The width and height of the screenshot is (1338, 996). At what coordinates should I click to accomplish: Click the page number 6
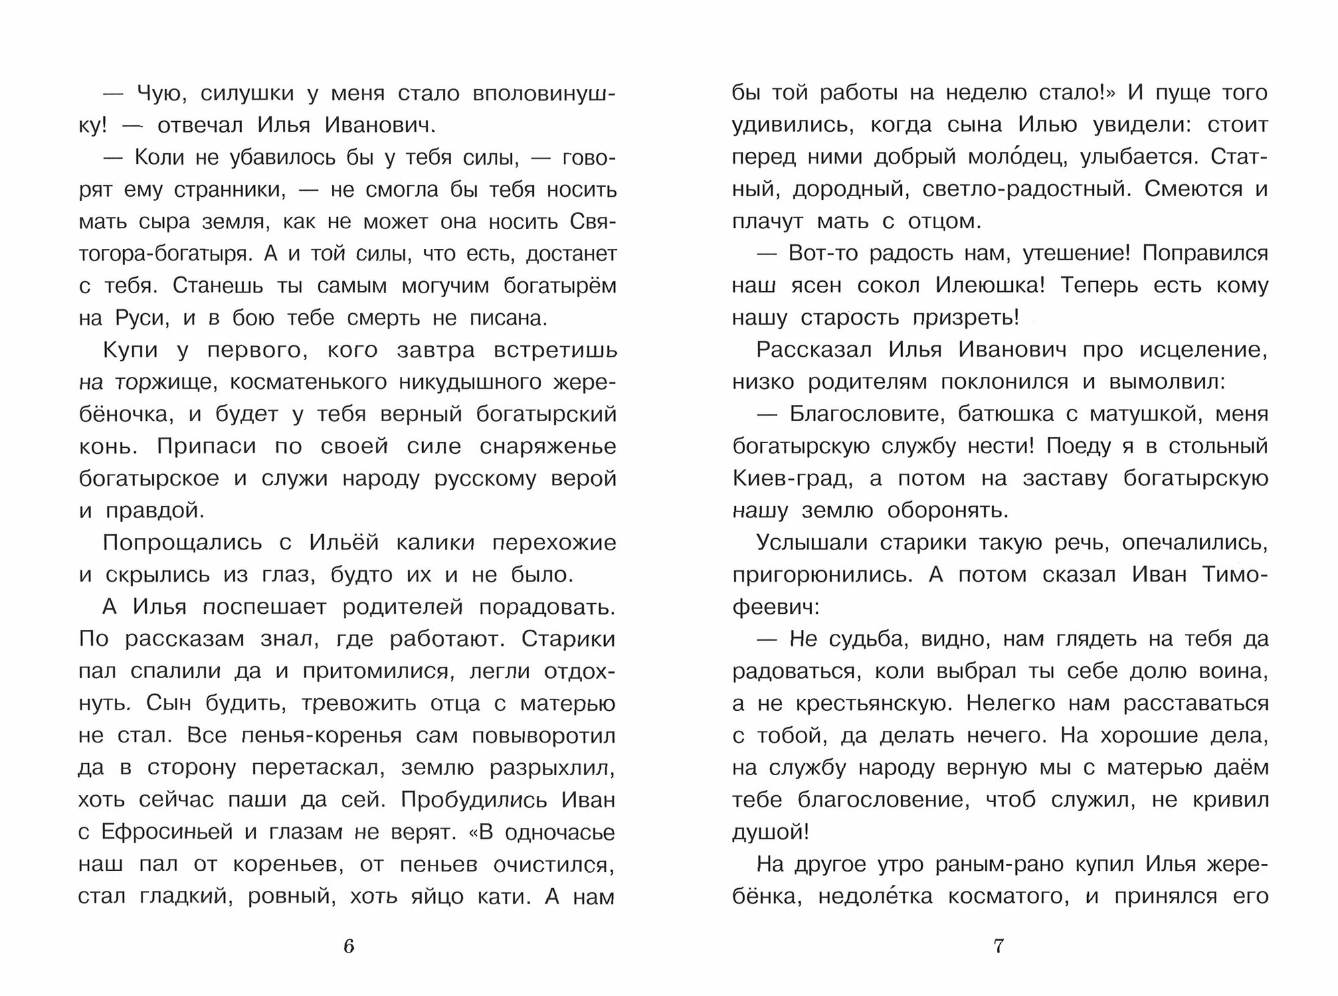coord(348,946)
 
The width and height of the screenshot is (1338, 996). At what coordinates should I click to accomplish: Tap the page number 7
coord(998,946)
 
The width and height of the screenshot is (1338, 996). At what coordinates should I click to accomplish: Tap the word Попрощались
coord(182,543)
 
